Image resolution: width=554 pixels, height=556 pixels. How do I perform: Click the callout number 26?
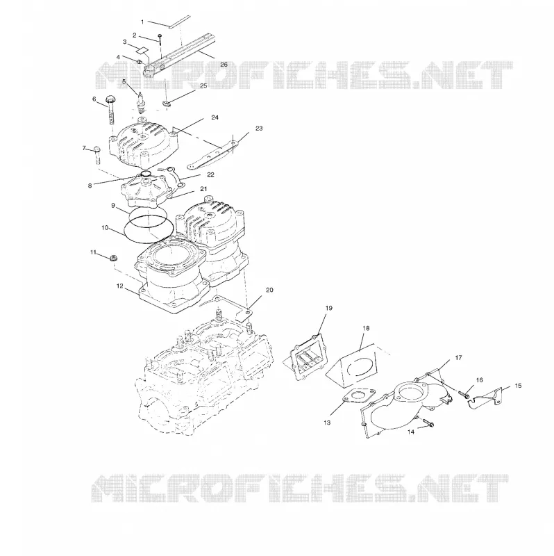(224, 65)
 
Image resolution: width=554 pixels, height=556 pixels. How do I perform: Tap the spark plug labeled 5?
(142, 104)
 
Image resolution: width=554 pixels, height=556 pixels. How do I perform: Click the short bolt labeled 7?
(96, 154)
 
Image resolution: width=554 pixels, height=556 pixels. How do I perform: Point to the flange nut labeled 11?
(114, 258)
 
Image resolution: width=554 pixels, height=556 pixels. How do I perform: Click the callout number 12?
(119, 286)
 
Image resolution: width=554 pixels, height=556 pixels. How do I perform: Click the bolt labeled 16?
(464, 394)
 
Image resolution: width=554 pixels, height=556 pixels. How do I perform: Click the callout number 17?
(458, 358)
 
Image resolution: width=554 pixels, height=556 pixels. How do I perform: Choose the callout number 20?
(269, 290)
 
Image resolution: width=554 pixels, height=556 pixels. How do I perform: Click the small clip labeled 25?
(166, 103)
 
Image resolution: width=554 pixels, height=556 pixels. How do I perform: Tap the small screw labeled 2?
(160, 39)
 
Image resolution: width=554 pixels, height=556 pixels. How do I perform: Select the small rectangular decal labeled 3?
(143, 49)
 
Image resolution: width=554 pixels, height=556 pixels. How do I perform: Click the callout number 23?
(259, 129)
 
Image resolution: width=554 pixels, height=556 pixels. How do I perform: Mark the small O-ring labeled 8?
(146, 174)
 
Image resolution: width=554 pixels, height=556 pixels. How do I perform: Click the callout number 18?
(366, 328)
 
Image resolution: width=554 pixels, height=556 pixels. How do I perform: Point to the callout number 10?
(105, 228)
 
